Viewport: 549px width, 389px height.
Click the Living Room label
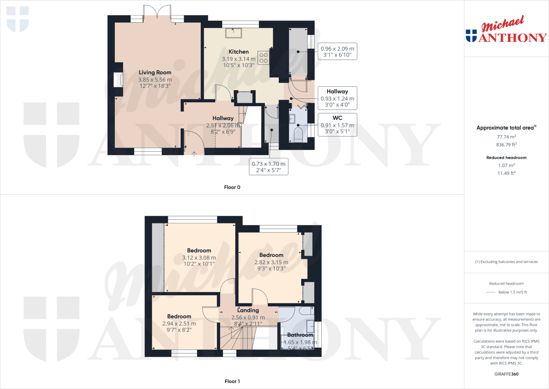pyautogui.click(x=155, y=72)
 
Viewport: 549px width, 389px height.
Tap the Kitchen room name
pyautogui.click(x=239, y=52)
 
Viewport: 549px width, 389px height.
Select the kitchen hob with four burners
pyautogui.click(x=264, y=58)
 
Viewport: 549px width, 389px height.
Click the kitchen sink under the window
pyautogui.click(x=233, y=33)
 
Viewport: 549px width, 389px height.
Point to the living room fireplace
pyautogui.click(x=118, y=80)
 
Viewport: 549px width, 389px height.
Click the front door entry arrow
pyautogui.click(x=194, y=154)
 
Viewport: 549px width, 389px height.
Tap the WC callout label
pyautogui.click(x=337, y=118)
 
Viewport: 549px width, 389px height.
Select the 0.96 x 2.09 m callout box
pyautogui.click(x=337, y=52)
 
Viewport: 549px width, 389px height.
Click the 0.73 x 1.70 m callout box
pyautogui.click(x=269, y=167)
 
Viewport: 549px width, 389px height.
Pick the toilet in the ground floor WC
pyautogui.click(x=298, y=134)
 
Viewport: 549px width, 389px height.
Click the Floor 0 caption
pyautogui.click(x=232, y=187)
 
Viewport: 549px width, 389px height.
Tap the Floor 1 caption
pyautogui.click(x=232, y=381)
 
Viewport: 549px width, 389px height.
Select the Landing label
pyautogui.click(x=248, y=310)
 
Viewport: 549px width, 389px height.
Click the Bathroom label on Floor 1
pyautogui.click(x=300, y=335)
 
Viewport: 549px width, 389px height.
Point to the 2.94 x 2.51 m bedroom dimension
pyautogui.click(x=179, y=324)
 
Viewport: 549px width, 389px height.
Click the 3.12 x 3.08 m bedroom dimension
pyautogui.click(x=199, y=258)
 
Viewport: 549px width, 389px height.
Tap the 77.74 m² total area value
pyautogui.click(x=506, y=137)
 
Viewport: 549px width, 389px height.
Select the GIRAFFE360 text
pyautogui.click(x=506, y=374)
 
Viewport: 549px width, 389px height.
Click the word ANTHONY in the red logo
pyautogui.click(x=513, y=38)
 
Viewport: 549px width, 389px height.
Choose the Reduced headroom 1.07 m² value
pyautogui.click(x=506, y=165)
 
